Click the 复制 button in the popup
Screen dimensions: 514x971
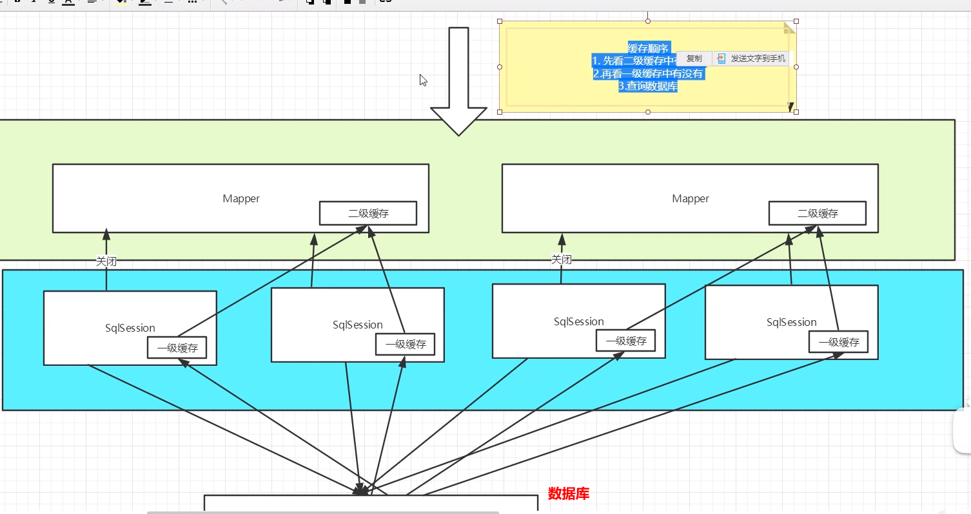click(694, 59)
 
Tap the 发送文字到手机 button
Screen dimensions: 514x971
click(752, 59)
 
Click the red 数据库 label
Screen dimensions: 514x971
click(569, 494)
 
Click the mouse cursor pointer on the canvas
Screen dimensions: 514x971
click(423, 80)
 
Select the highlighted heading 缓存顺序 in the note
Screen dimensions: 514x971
click(648, 48)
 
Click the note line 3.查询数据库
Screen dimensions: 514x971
click(648, 86)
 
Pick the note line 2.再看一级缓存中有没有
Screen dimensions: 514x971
click(648, 73)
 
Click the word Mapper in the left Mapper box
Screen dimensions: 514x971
click(241, 198)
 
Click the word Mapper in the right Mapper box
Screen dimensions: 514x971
click(691, 198)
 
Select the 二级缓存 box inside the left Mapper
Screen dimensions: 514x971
click(368, 213)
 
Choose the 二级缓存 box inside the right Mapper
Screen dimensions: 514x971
click(818, 213)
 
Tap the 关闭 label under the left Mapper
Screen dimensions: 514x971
click(106, 261)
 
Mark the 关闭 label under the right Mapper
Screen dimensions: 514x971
click(561, 260)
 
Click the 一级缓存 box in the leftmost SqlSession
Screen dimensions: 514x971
click(177, 348)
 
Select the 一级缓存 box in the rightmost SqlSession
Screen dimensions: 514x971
click(839, 342)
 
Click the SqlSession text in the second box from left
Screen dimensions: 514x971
click(358, 325)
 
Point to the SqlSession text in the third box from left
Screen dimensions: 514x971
click(579, 321)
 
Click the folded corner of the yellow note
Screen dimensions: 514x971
click(789, 28)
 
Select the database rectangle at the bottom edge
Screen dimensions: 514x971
click(371, 504)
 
